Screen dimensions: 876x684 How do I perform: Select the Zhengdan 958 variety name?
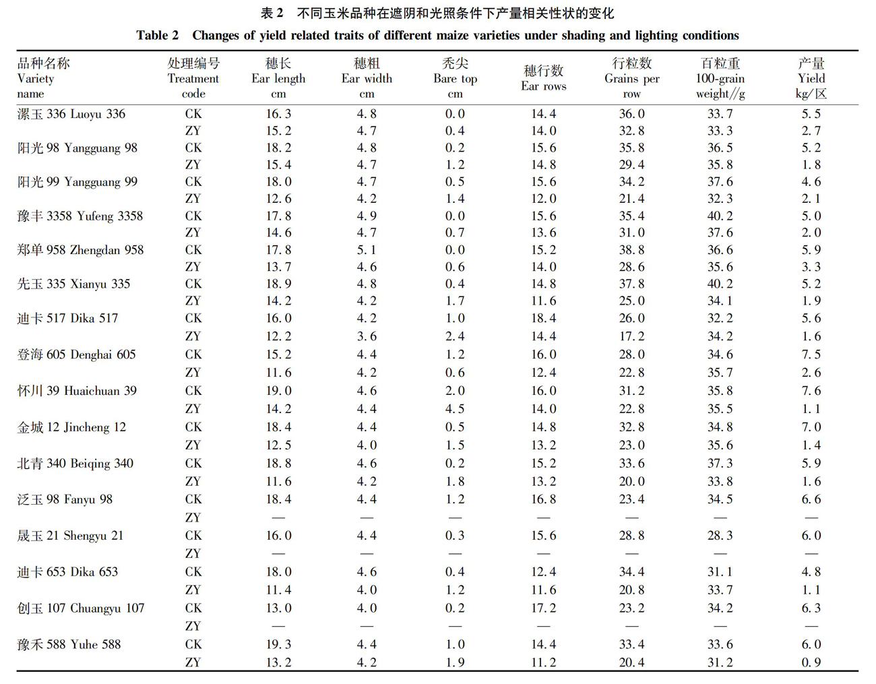(x=80, y=250)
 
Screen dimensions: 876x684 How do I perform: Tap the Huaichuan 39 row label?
(x=77, y=391)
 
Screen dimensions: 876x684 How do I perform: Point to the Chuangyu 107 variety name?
(x=81, y=608)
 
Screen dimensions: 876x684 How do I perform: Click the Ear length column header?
(x=278, y=78)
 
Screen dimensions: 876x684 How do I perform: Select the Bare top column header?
(x=455, y=78)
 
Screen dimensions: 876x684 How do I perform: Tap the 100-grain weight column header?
(x=720, y=78)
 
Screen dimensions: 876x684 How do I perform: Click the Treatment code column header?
(x=193, y=78)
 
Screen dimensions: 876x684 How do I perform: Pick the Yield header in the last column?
(x=811, y=78)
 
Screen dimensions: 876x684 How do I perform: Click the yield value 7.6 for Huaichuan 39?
(x=811, y=391)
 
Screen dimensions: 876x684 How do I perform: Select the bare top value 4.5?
(x=455, y=408)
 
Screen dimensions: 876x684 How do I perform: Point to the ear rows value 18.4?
(x=543, y=318)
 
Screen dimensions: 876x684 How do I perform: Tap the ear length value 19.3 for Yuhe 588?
(x=278, y=644)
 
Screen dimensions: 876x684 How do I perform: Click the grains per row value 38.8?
(x=631, y=250)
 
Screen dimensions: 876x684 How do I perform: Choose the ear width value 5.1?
(x=367, y=250)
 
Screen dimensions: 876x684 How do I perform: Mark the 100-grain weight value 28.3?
(x=720, y=535)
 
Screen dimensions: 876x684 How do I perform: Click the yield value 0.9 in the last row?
(x=811, y=662)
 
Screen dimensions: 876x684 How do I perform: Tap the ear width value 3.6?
(x=367, y=336)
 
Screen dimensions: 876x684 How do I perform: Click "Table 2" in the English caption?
(x=157, y=36)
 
